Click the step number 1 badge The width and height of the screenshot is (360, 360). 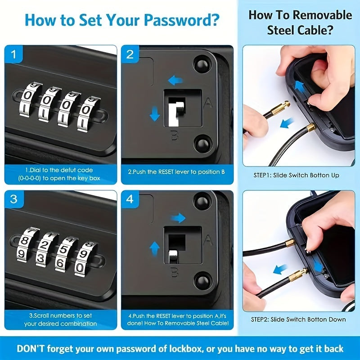pyautogui.click(x=14, y=55)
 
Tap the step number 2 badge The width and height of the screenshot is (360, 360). pyautogui.click(x=130, y=55)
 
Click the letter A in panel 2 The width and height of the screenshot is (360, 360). pyautogui.click(x=208, y=103)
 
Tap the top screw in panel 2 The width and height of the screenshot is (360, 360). pyautogui.click(x=202, y=64)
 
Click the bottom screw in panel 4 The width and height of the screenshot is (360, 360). pyautogui.click(x=202, y=282)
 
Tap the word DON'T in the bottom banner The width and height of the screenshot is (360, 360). pyautogui.click(x=31, y=349)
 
